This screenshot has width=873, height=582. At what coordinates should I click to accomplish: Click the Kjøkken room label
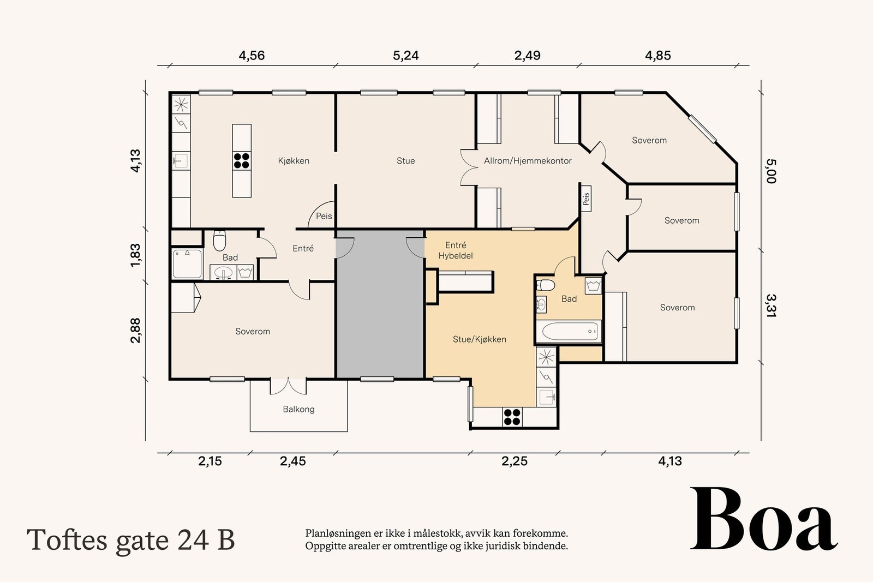(x=294, y=161)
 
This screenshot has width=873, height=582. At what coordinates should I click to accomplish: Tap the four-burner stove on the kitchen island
(x=242, y=160)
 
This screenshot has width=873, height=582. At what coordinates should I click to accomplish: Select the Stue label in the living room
(x=405, y=161)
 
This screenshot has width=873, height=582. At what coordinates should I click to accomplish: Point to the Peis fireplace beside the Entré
(x=323, y=216)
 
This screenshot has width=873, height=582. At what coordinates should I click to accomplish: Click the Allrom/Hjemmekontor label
(x=528, y=161)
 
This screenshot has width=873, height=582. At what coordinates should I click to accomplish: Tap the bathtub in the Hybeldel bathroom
(x=568, y=331)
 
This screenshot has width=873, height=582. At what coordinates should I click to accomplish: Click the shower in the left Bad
(x=187, y=263)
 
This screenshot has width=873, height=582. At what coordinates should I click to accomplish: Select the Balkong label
(x=298, y=409)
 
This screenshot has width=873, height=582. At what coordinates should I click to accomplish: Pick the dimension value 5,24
(x=405, y=56)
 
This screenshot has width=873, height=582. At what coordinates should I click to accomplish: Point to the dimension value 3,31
(x=770, y=305)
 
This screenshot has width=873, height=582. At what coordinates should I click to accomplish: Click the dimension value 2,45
(x=293, y=461)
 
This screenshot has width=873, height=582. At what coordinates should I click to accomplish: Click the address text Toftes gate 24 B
(x=131, y=540)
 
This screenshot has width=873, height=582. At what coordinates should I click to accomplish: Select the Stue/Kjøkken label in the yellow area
(x=479, y=339)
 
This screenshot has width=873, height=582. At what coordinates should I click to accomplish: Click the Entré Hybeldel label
(x=456, y=250)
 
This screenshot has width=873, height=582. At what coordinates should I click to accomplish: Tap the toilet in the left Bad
(x=219, y=239)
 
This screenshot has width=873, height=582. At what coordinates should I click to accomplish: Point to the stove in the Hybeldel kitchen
(x=512, y=417)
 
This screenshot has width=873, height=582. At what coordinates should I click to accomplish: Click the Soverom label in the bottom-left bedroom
(x=253, y=332)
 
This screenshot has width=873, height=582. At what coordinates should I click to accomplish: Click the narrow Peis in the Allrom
(x=586, y=198)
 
